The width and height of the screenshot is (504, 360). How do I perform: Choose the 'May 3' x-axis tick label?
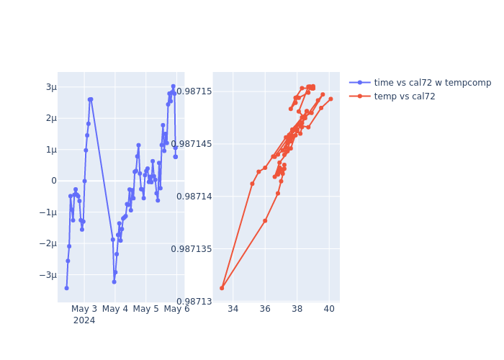point(84,310)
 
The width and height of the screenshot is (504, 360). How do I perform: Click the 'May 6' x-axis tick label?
point(177,310)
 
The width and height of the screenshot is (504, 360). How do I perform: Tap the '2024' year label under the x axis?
point(84,320)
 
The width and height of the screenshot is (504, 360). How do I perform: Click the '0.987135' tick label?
point(190,249)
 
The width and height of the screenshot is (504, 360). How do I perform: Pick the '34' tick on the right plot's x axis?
point(233,310)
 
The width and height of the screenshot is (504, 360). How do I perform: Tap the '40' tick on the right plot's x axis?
point(329,310)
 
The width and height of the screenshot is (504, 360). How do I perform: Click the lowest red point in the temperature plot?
point(222,288)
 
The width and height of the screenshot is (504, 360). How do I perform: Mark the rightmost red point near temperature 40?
point(330,99)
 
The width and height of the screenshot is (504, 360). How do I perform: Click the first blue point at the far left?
point(66,288)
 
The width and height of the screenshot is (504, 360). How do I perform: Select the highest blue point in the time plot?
point(173,86)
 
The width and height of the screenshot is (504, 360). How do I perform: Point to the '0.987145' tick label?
point(190,144)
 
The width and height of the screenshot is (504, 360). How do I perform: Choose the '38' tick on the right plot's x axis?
point(297,310)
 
